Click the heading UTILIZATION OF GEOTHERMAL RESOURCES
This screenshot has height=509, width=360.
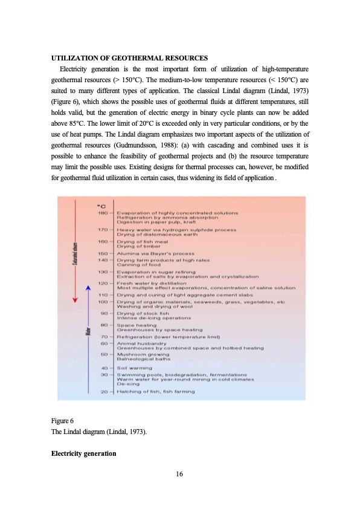point(129,58)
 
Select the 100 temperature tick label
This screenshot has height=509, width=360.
point(103,301)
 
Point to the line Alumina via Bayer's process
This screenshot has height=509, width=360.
point(155,253)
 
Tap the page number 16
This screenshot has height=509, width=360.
point(179,473)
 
